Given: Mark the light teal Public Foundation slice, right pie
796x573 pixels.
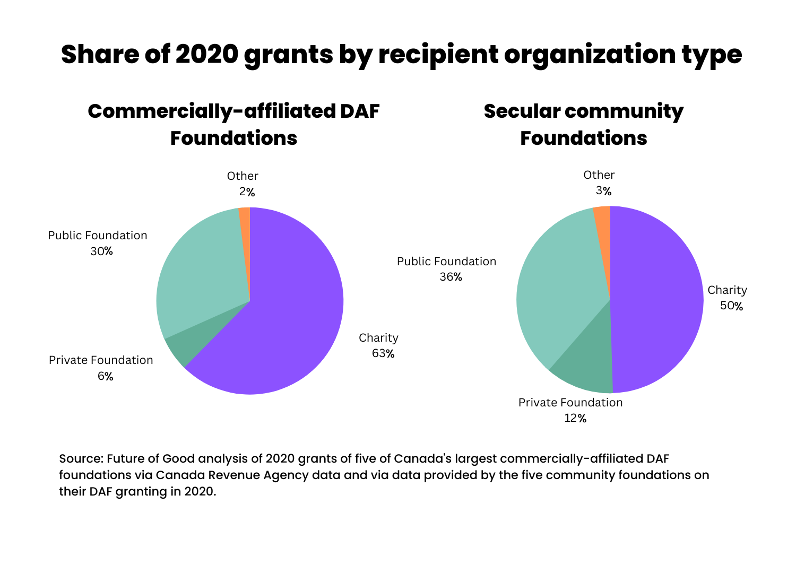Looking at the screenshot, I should click(557, 281).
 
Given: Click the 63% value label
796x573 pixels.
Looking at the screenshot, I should click(383, 353).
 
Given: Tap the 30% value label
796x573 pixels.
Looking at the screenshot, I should click(101, 251).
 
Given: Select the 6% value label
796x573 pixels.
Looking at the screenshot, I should click(105, 376).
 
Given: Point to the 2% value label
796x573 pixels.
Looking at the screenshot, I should click(247, 192).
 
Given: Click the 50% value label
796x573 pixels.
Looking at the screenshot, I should click(731, 306).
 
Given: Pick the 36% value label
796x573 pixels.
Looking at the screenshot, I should click(451, 277).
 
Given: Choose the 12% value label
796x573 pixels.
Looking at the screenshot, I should click(575, 418).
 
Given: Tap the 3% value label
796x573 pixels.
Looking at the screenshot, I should click(603, 191).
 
